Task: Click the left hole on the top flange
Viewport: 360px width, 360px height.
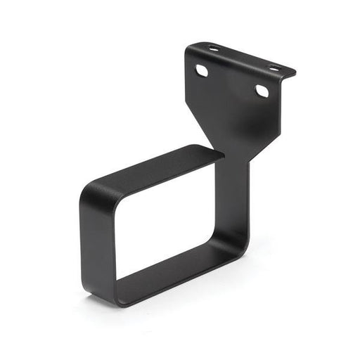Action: (213, 49)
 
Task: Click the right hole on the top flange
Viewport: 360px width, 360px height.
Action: (274, 68)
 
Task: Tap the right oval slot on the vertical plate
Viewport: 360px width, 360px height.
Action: (262, 91)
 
